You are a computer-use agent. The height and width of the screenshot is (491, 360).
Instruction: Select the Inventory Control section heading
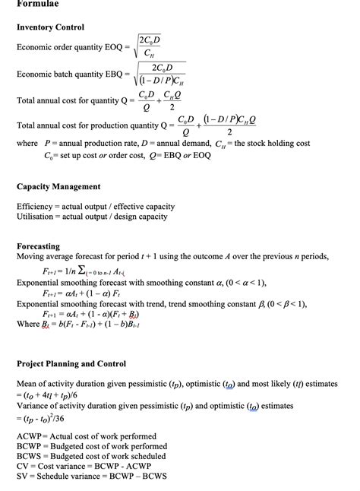point(51,27)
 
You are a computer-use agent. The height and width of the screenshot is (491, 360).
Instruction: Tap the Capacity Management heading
point(58,186)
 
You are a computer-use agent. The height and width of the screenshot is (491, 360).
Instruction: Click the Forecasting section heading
point(38,246)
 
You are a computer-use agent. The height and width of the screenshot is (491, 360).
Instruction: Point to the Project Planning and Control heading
point(71,363)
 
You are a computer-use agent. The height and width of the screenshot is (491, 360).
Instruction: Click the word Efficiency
point(35,206)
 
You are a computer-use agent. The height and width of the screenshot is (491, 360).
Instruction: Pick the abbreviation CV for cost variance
point(23,466)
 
